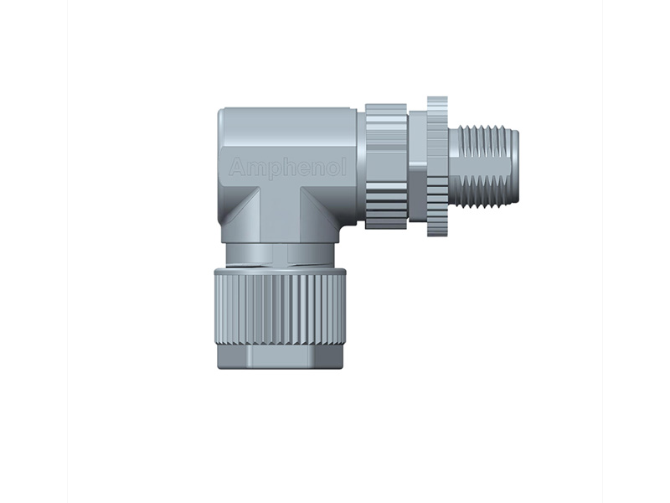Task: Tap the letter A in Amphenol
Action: pyautogui.click(x=237, y=168)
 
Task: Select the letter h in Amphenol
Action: pyautogui.click(x=281, y=168)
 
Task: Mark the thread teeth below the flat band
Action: pyautogui.click(x=486, y=198)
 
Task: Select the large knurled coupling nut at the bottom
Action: pyautogui.click(x=280, y=306)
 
